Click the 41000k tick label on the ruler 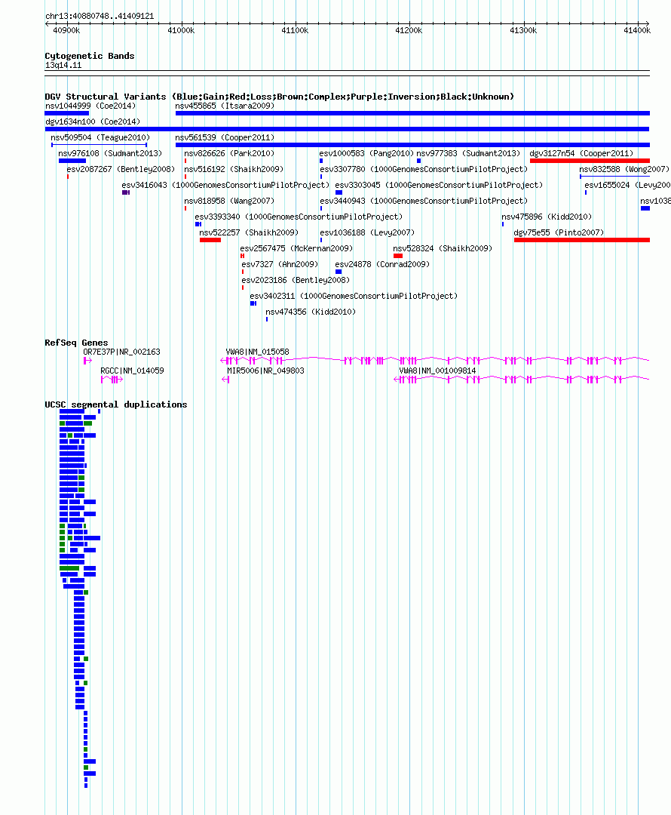pyautogui.click(x=181, y=31)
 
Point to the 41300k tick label pyautogui.click(x=523, y=31)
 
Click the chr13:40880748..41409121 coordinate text pyautogui.click(x=100, y=16)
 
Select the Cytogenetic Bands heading pyautogui.click(x=89, y=56)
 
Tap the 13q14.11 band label pyautogui.click(x=63, y=65)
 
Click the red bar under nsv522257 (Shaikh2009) pyautogui.click(x=210, y=240)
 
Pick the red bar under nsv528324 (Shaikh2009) pyautogui.click(x=398, y=256)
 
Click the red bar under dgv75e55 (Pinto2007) pyautogui.click(x=582, y=240)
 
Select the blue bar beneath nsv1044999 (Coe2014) pyautogui.click(x=66, y=113)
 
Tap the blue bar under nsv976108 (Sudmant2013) pyautogui.click(x=72, y=161)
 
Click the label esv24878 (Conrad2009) pyautogui.click(x=382, y=264)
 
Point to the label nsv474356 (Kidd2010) pyautogui.click(x=311, y=312)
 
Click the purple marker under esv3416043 pyautogui.click(x=126, y=192)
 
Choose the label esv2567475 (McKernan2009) pyautogui.click(x=296, y=248)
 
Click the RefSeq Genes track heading pyautogui.click(x=76, y=343)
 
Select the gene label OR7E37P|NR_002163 pyautogui.click(x=121, y=352)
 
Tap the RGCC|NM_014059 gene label pyautogui.click(x=132, y=371)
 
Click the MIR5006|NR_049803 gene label pyautogui.click(x=265, y=371)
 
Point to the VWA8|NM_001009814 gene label pyautogui.click(x=437, y=371)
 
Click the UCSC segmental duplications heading pyautogui.click(x=116, y=404)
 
